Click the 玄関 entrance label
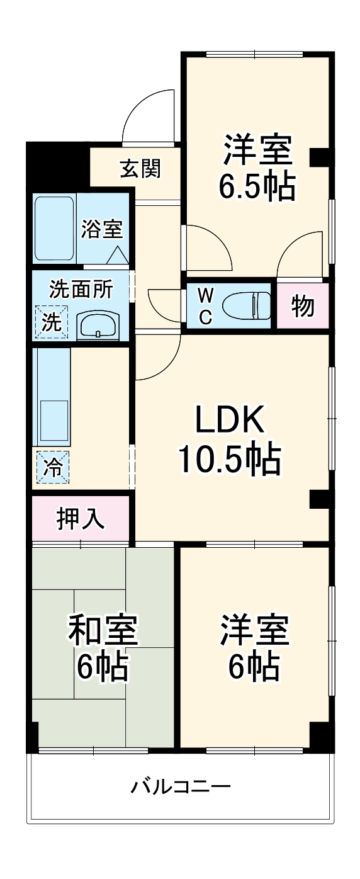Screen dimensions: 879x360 (140, 168)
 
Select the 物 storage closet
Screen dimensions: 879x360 (303, 306)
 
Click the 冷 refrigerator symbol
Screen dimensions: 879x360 (52, 467)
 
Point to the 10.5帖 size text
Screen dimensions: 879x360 (228, 460)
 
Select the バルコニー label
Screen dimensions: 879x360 (181, 787)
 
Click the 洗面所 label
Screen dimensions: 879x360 (81, 290)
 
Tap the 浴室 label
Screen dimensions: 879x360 (101, 230)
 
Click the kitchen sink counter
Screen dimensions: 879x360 (52, 397)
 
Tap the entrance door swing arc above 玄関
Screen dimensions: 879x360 (148, 113)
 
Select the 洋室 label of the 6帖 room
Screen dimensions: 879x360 (254, 630)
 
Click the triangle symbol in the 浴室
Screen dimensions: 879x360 (118, 255)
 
